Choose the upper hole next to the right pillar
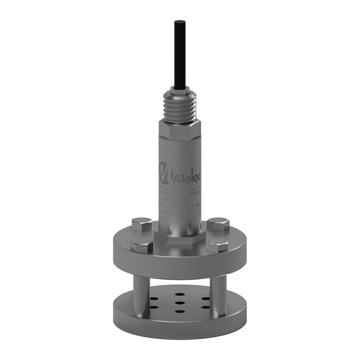(205, 298)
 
